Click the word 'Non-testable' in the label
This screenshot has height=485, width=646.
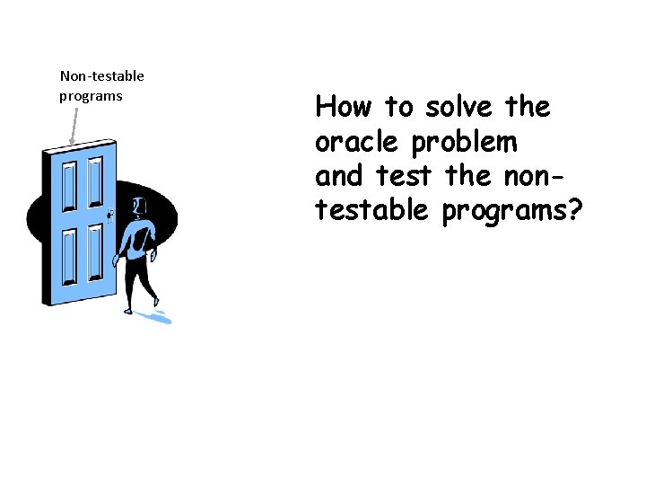(x=101, y=76)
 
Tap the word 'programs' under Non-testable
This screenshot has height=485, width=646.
(x=91, y=96)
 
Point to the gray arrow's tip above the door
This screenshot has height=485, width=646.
(x=72, y=143)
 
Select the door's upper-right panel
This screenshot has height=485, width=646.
(x=92, y=184)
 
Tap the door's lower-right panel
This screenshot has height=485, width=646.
(x=93, y=251)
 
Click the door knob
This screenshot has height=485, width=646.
(x=110, y=215)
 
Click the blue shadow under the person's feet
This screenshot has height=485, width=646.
(x=160, y=316)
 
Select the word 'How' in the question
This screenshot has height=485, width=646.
(x=343, y=108)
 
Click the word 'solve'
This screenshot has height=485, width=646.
(x=458, y=108)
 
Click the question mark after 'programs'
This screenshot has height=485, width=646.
(x=574, y=210)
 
